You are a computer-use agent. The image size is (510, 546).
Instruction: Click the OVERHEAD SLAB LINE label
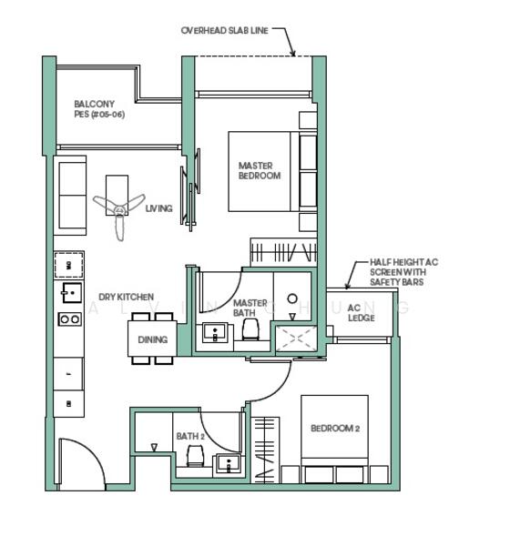point(224,30)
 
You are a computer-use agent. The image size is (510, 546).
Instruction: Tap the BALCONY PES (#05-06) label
point(98,109)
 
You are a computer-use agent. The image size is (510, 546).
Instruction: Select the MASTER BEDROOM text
point(260,170)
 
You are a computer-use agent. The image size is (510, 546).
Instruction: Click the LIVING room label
point(158,208)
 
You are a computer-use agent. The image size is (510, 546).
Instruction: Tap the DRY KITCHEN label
point(126,297)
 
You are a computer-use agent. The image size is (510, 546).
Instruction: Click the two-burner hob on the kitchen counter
point(69,318)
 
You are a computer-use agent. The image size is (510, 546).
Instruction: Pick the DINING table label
point(152,339)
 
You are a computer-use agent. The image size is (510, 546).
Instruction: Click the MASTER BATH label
point(250,308)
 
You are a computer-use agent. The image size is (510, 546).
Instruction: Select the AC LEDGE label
point(361,313)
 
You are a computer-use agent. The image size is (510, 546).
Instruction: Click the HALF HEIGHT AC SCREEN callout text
point(403,272)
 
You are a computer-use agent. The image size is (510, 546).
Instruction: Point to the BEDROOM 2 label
point(335,428)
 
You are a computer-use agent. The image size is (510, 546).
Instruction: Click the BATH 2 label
point(190,436)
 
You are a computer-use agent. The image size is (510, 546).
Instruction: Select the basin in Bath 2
point(226,464)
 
